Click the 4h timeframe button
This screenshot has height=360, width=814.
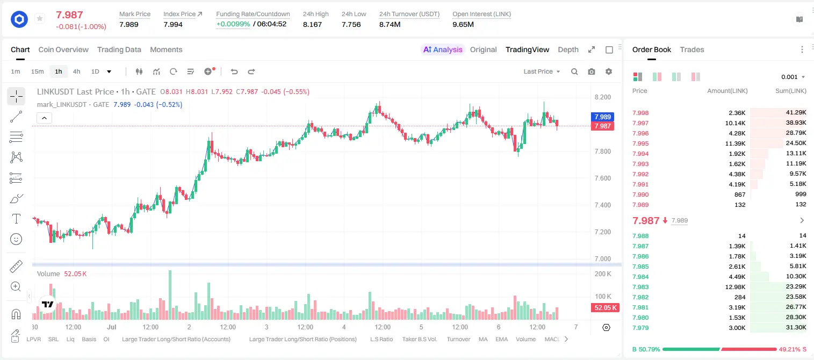click(76, 71)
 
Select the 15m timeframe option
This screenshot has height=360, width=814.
click(38, 71)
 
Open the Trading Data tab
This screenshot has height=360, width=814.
click(119, 50)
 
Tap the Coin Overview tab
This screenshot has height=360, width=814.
click(63, 50)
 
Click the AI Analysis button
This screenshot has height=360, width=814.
click(443, 50)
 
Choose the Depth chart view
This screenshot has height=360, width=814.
click(568, 50)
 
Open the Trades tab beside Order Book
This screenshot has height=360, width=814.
click(692, 50)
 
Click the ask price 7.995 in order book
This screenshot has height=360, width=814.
click(640, 143)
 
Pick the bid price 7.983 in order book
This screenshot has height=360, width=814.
click(640, 287)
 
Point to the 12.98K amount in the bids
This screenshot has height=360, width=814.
click(735, 287)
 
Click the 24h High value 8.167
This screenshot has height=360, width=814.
click(312, 24)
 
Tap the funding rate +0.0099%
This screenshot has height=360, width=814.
click(233, 24)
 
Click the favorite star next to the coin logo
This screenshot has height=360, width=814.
click(40, 18)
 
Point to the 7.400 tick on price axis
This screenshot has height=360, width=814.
click(602, 205)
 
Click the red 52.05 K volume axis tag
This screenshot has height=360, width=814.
click(605, 308)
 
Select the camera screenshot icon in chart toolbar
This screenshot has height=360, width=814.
click(592, 71)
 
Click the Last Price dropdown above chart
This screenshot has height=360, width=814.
click(542, 71)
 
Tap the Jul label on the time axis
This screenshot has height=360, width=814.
click(112, 327)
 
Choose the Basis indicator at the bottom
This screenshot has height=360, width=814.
click(89, 339)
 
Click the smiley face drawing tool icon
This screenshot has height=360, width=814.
click(16, 239)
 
